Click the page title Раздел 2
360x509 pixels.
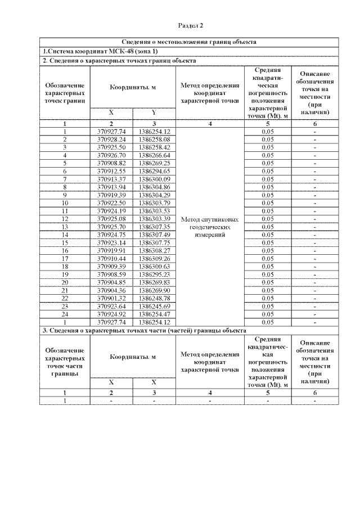191,25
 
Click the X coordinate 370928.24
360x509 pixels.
111,139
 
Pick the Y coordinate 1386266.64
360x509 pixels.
154,155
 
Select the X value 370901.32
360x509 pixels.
111,298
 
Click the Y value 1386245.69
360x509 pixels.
154,306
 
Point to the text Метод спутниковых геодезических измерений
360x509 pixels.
210,227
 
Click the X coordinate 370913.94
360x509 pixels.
111,187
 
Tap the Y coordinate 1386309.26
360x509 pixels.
154,258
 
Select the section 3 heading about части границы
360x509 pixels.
145,330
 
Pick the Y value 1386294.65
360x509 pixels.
154,171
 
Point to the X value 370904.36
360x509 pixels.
111,290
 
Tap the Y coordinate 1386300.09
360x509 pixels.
154,179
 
